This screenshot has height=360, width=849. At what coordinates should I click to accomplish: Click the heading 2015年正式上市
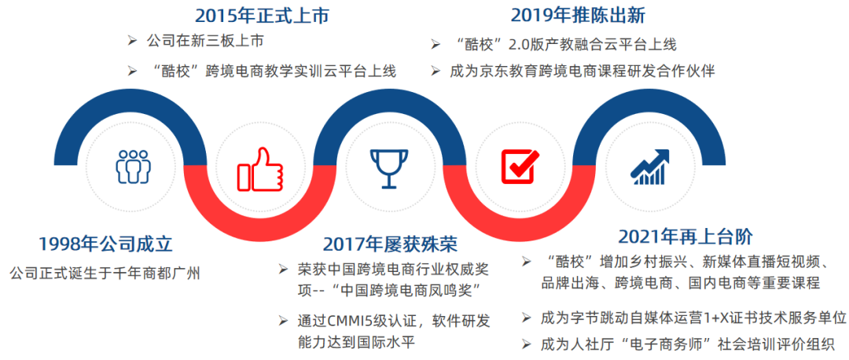262,16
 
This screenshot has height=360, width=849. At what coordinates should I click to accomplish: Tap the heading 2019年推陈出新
578,16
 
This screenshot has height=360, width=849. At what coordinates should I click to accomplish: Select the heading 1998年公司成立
105,244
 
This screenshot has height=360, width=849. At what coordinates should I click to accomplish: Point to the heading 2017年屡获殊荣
390,244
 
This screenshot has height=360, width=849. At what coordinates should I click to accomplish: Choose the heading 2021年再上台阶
685,237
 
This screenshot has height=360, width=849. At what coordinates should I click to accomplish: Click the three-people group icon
133,166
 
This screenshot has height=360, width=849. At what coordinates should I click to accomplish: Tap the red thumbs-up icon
260,169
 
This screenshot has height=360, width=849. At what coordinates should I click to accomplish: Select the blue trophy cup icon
389,168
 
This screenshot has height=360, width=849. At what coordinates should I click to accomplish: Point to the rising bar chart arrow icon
650,166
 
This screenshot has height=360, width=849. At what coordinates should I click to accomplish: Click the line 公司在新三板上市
205,41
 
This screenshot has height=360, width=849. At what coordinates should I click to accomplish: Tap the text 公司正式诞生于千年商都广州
105,274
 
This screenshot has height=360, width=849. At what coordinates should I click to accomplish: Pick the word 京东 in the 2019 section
491,72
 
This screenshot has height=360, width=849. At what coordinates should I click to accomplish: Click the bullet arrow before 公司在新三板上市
131,41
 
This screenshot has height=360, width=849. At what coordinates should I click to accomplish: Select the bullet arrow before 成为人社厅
525,343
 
